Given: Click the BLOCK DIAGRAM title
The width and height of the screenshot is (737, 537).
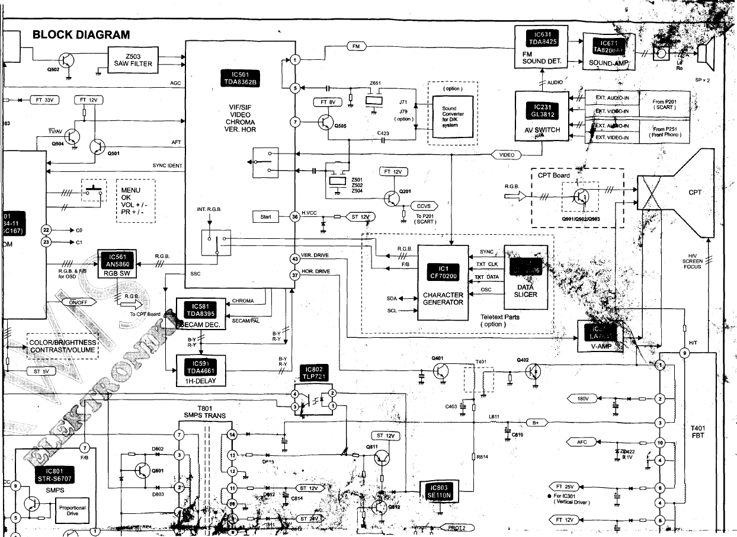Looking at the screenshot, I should pos(81,35).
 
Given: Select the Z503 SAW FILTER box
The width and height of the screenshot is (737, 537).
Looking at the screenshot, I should pos(133,59).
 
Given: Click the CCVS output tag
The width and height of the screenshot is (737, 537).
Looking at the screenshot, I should pos(424,206).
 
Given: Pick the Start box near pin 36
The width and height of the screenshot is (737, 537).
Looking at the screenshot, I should pos(265,217).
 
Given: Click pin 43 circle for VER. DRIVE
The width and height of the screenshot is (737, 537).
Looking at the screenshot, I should pos(295,258).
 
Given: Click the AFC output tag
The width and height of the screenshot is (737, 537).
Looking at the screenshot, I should pos(582,442).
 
